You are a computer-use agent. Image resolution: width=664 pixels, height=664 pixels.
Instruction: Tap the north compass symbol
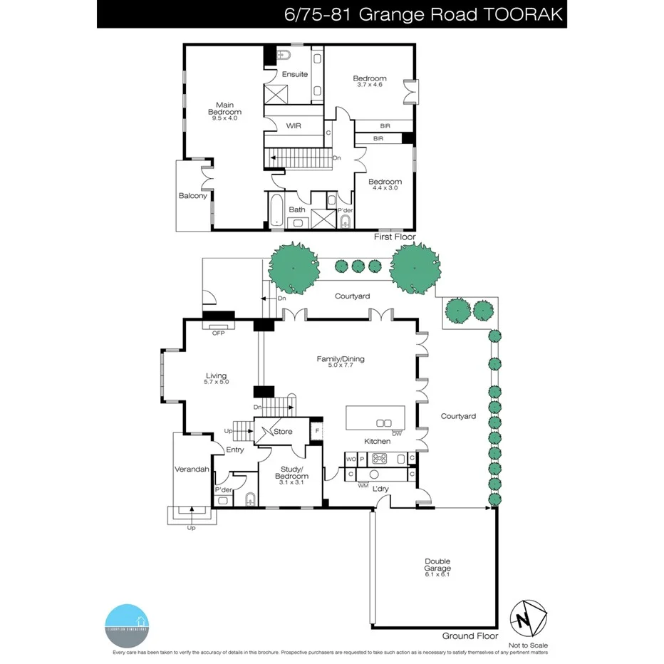pos(528,617)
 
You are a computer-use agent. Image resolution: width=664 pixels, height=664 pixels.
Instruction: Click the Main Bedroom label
pos(224,111)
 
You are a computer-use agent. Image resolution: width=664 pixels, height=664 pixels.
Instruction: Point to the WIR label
pos(294,126)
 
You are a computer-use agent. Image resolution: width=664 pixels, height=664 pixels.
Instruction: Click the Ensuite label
pos(294,74)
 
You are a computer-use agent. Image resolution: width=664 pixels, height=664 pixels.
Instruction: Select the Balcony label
pos(192,196)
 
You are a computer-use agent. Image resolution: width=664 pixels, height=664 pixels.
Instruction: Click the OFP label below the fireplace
pos(218,332)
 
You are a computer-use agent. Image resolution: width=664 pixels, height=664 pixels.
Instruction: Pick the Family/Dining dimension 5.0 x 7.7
pos(341,366)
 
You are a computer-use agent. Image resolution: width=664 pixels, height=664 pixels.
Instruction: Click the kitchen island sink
pos(384,422)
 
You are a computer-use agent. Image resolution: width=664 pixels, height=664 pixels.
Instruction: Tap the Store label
pos(283,432)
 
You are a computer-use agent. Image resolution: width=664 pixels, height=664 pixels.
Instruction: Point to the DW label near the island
pos(397,433)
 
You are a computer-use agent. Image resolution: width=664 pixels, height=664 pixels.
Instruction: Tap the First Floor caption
pos(395,237)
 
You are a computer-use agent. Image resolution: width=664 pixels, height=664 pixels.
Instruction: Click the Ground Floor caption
pos(470,636)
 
